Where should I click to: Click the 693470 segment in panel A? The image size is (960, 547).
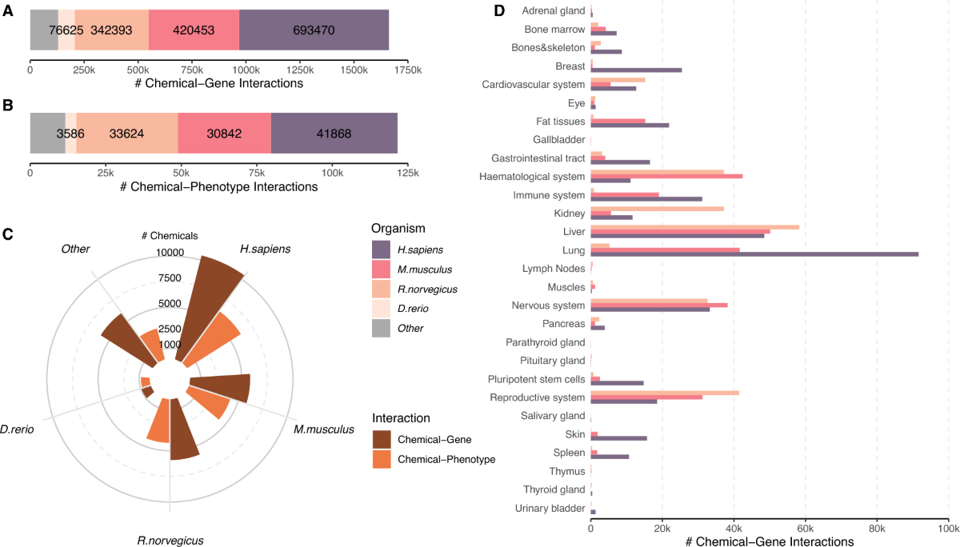(x=314, y=30)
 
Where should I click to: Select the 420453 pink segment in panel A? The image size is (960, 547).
(x=194, y=30)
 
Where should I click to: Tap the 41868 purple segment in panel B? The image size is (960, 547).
(x=334, y=133)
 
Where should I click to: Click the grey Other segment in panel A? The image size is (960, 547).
(x=44, y=30)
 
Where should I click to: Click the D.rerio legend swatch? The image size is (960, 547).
(x=382, y=309)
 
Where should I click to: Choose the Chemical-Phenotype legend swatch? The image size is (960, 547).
(x=382, y=459)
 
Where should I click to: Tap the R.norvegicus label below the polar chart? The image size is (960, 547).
(x=170, y=540)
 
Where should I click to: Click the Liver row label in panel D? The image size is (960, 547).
(x=574, y=231)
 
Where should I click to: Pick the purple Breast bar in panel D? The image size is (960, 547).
(x=636, y=70)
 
